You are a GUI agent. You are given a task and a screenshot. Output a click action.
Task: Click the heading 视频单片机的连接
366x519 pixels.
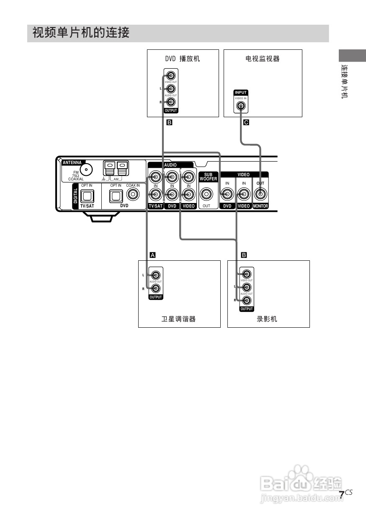tap(81, 33)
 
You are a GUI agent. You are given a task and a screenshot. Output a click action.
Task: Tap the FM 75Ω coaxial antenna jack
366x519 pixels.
tap(87, 170)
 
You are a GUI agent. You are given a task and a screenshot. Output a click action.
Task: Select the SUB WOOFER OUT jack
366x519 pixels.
tap(207, 194)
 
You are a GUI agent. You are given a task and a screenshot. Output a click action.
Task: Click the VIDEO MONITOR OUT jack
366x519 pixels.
tap(260, 194)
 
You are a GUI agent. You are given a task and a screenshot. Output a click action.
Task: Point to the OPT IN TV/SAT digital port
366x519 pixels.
tap(87, 195)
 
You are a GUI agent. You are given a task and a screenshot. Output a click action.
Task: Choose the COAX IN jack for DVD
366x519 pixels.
tap(133, 194)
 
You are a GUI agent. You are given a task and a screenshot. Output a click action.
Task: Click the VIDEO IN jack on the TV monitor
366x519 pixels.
tap(241, 105)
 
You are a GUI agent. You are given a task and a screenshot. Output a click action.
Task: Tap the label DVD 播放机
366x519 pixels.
tap(183, 59)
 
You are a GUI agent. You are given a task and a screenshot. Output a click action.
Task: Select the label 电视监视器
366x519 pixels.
tap(263, 59)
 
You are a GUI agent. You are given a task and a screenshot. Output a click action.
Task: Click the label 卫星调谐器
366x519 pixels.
tap(179, 319)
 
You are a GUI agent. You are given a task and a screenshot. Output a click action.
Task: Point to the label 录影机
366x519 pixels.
tap(267, 319)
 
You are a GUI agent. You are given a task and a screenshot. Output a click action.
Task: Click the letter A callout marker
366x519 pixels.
tap(153, 254)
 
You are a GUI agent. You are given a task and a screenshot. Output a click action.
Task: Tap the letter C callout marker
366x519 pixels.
tap(246, 123)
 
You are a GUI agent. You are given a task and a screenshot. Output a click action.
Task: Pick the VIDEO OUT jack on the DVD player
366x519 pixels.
tap(170, 76)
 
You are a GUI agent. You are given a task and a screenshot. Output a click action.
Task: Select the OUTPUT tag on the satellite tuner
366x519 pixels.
tap(155, 297)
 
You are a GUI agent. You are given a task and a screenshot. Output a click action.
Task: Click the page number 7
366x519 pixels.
tap(342, 494)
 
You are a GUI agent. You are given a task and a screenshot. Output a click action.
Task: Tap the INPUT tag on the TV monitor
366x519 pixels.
tap(241, 92)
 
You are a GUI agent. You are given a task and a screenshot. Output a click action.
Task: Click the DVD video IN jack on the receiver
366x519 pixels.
tap(227, 194)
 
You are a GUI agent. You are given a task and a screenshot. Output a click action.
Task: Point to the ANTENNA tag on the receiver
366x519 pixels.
tap(72, 162)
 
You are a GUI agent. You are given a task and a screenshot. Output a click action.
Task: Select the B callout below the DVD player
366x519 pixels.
tap(169, 123)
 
